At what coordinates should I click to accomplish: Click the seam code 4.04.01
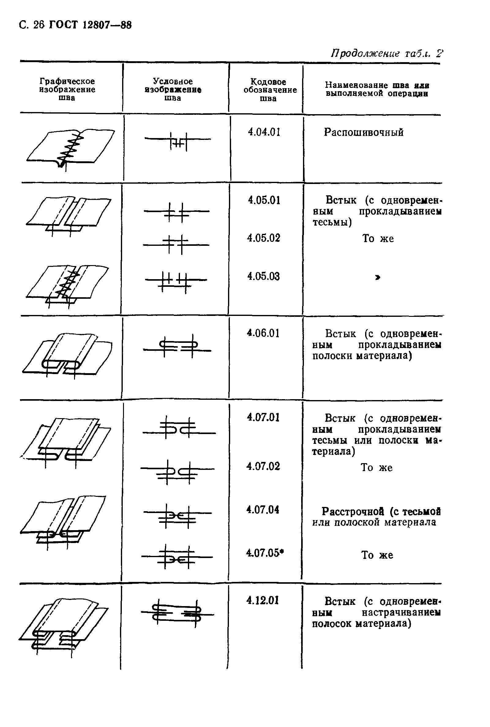tap(264, 132)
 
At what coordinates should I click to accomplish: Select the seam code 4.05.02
tap(264, 238)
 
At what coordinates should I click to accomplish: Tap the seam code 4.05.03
tap(264, 276)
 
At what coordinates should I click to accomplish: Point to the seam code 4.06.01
tap(263, 333)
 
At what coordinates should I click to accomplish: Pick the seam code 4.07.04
tap(263, 509)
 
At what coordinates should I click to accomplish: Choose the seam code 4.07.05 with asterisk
tap(265, 553)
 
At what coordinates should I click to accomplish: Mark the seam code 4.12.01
tap(263, 600)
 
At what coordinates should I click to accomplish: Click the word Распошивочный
tap(363, 132)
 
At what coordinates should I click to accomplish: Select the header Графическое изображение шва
tap(67, 89)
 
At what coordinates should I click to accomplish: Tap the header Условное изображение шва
tap(173, 90)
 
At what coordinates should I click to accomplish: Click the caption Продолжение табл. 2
tap(387, 54)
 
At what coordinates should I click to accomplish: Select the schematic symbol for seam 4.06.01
tap(178, 346)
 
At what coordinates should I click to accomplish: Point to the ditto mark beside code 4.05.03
tap(378, 277)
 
